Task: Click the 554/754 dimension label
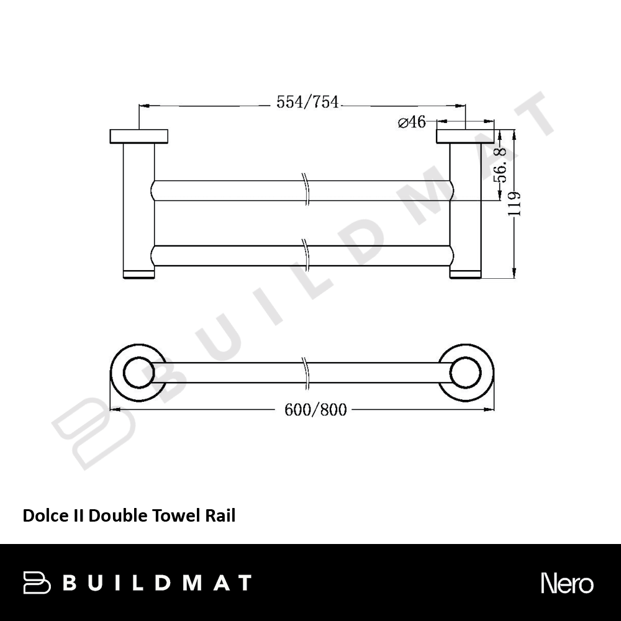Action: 307,102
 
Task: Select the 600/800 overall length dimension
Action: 315,409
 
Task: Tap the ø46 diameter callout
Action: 412,122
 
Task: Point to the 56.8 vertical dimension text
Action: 501,165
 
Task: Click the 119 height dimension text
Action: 514,204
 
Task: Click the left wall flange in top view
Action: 138,136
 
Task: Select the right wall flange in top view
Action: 465,136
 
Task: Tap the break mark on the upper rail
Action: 305,189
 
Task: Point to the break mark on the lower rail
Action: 305,255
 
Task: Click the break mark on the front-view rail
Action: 305,373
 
